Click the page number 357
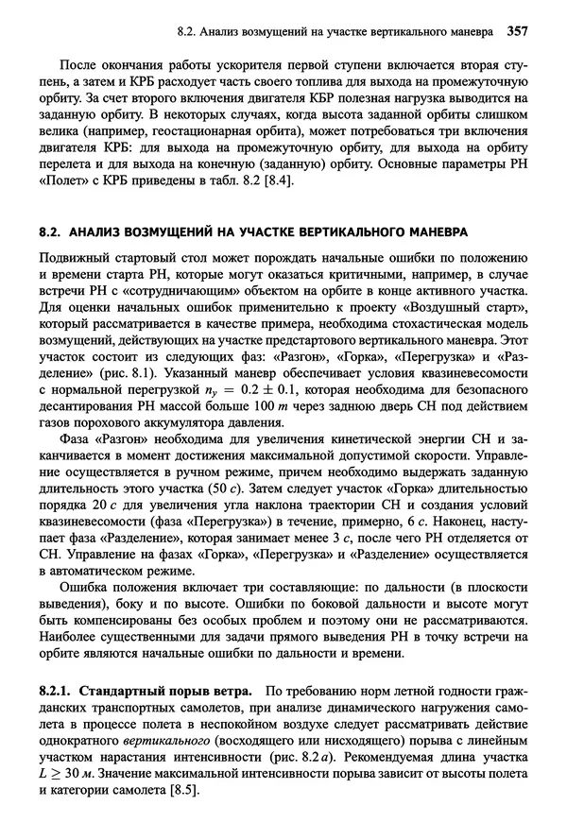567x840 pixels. pos(516,31)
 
